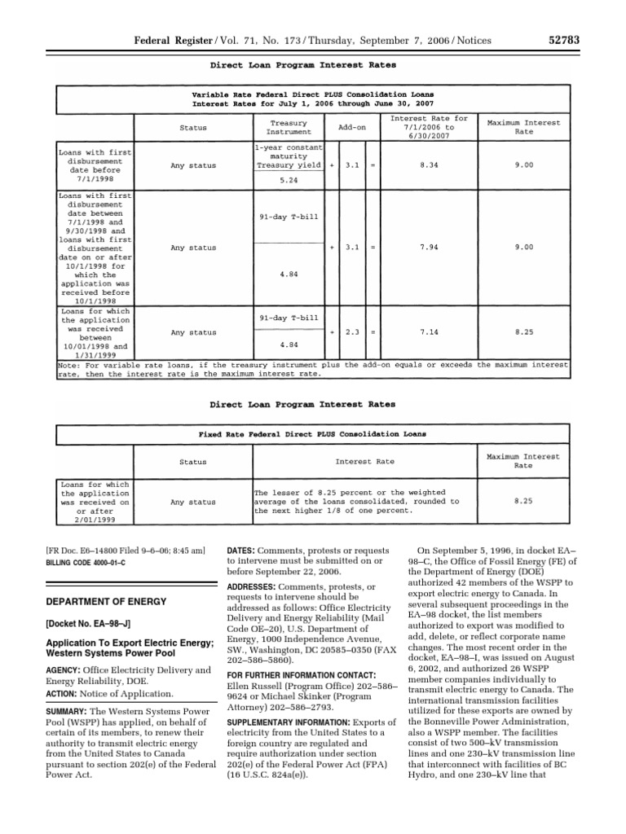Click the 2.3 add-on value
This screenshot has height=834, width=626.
352,332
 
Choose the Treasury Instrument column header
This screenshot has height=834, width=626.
289,127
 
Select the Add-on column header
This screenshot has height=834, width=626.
352,128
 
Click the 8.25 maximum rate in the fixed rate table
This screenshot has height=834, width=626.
523,503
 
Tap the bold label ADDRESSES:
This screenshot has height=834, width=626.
254,587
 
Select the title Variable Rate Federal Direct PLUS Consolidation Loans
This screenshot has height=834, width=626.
313,94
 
